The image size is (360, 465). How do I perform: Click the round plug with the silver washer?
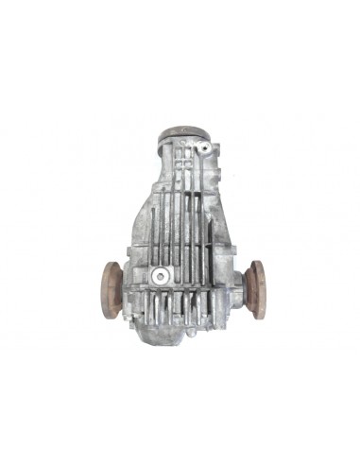[160, 275]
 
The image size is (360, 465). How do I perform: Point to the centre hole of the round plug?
[160, 275]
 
